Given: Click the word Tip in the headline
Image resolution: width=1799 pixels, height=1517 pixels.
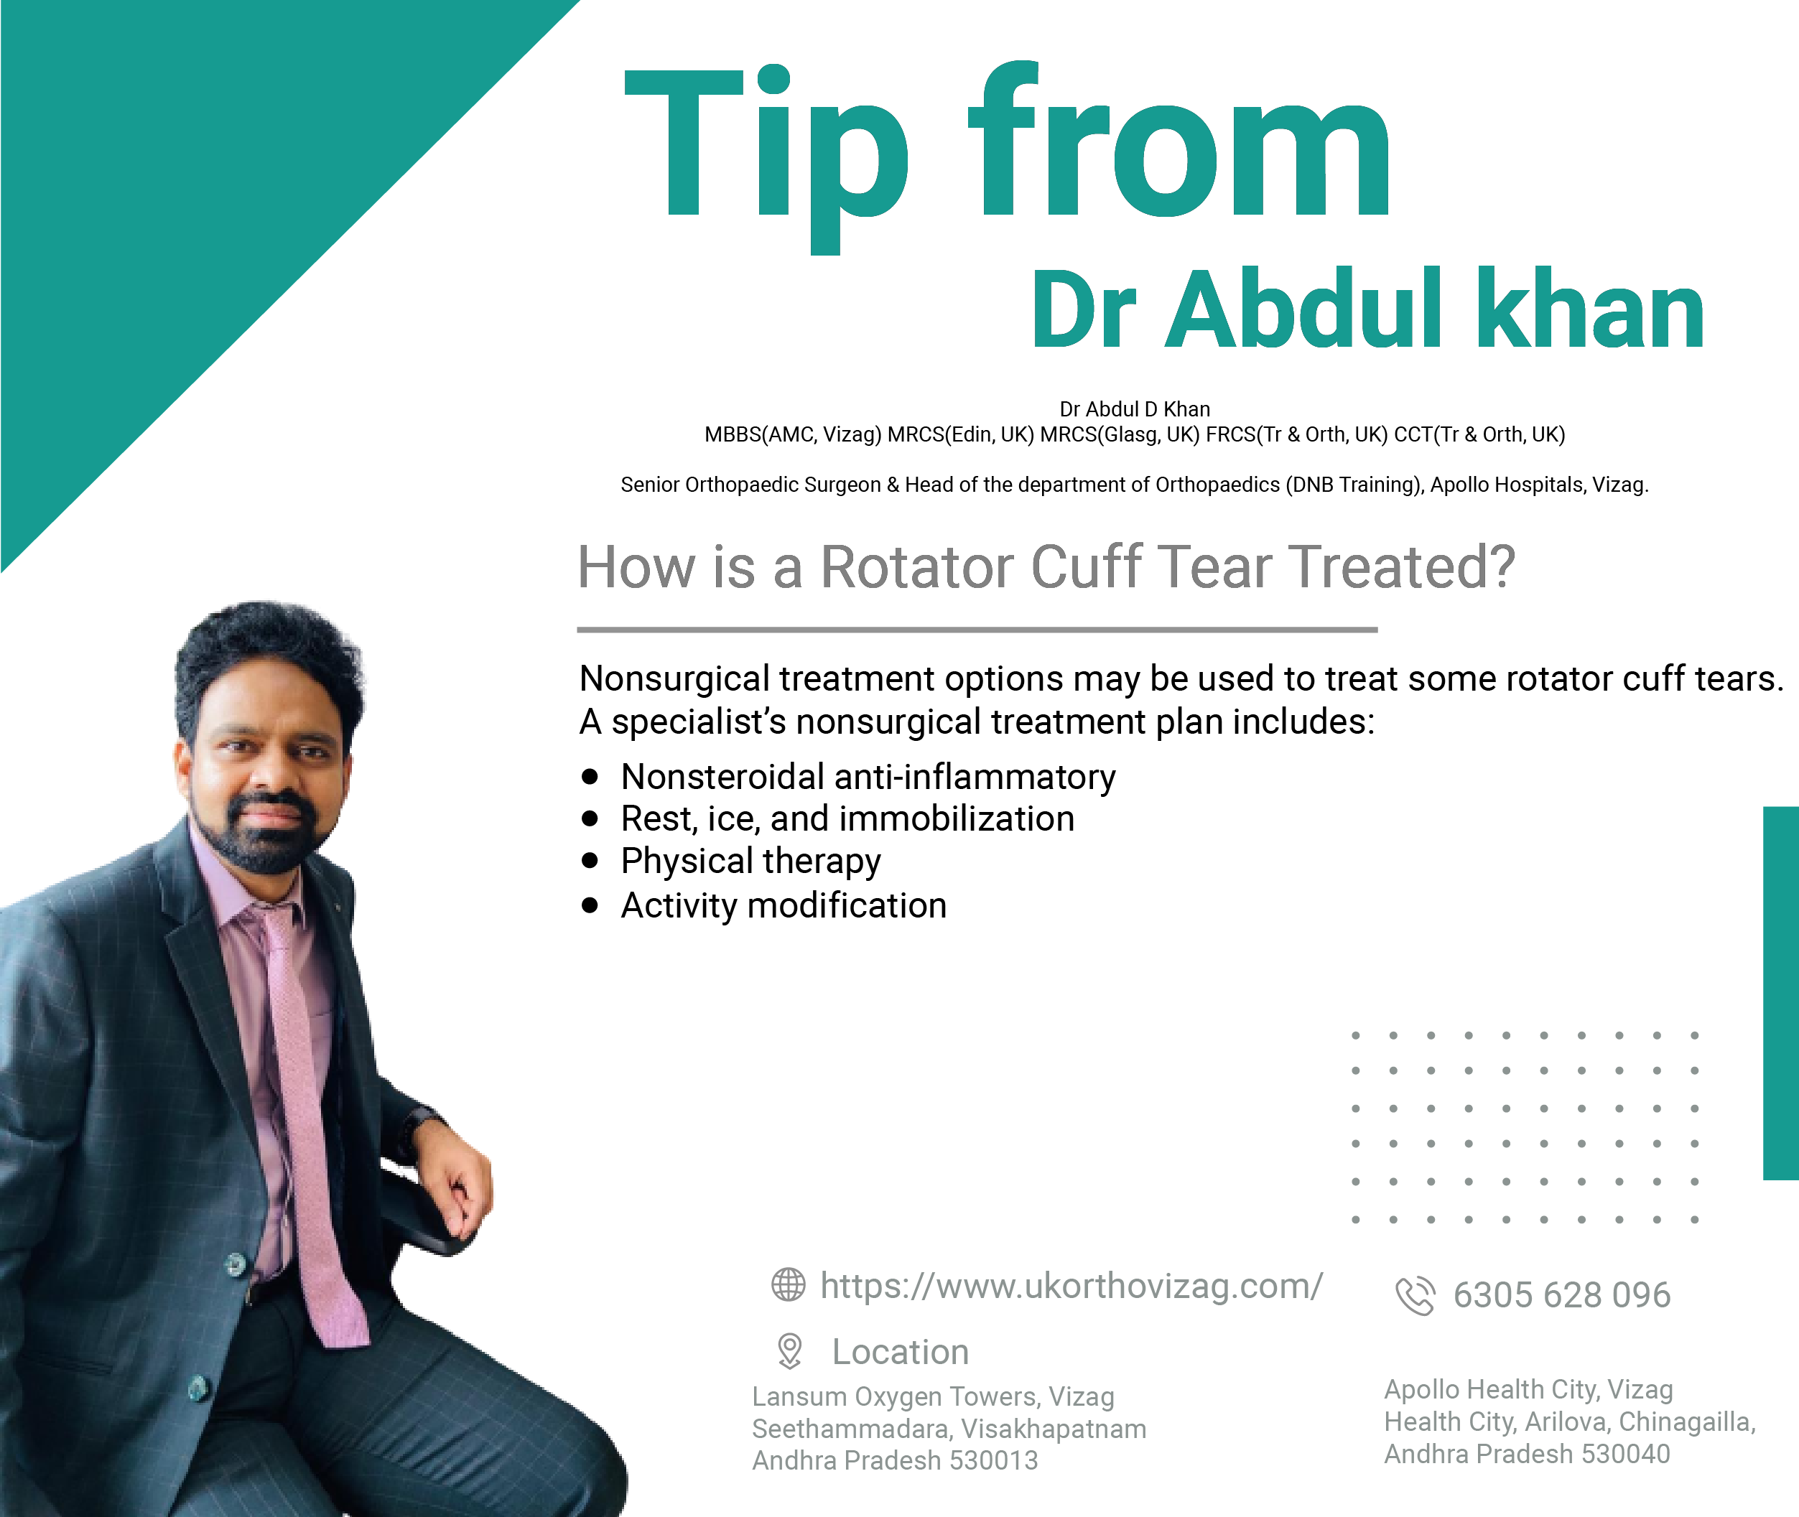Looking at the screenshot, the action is pos(766,159).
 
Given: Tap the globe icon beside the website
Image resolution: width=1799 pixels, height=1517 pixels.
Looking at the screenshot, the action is pos(788,1285).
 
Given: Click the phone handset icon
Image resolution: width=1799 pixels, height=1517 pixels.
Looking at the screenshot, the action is pos(1416,1295).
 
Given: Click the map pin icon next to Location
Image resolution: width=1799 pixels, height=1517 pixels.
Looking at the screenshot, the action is pos(789,1351).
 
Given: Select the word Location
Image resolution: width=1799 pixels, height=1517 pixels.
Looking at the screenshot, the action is pos(900,1352).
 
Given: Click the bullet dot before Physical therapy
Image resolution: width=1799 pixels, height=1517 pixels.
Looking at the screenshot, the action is pos(590,860).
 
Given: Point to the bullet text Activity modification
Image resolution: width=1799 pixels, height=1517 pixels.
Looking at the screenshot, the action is pos(784,905).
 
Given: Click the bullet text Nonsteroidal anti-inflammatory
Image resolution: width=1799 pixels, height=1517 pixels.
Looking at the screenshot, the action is pos(868,777).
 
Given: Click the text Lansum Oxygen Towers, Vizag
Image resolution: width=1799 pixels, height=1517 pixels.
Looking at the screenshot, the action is pos(934,1396).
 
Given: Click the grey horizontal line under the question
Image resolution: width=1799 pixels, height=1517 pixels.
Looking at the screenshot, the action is pos(977,630).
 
